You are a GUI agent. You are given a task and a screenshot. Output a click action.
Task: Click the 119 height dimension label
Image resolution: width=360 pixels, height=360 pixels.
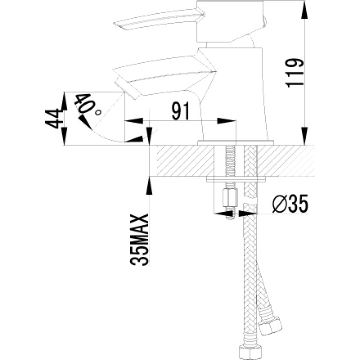point(295,73)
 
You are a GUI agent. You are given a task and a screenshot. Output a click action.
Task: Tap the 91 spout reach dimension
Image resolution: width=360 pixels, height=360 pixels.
point(181,111)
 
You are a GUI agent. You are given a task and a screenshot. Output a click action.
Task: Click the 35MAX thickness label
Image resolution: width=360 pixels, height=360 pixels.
point(139,240)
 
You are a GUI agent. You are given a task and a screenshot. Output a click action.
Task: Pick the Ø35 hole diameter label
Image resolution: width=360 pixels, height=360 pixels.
point(290,204)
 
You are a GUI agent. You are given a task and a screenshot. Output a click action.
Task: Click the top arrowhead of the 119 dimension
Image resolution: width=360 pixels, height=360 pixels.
point(304,9)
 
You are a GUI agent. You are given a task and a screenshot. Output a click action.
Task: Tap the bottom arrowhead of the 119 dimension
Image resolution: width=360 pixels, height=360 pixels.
point(304,136)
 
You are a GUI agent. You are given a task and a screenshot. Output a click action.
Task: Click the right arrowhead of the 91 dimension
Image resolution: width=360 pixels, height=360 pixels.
point(226,121)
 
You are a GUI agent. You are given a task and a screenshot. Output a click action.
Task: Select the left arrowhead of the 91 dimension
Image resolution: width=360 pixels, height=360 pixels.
point(134,121)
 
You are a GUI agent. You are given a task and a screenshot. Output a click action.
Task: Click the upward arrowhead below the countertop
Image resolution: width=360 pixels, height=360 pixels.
point(149,186)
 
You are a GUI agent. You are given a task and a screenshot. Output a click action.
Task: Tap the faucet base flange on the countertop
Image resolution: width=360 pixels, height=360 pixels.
point(236,143)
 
